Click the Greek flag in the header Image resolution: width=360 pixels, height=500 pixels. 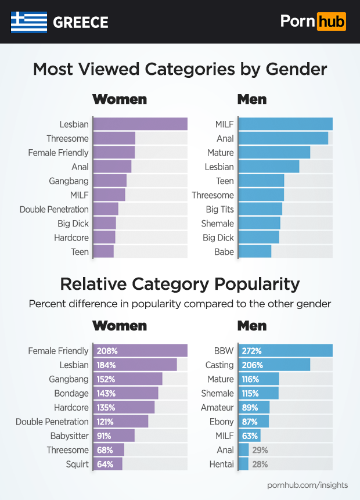28,22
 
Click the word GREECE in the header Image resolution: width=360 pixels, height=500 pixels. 81,23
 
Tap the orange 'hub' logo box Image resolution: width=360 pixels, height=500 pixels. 331,22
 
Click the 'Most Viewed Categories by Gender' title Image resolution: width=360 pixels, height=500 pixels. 180,69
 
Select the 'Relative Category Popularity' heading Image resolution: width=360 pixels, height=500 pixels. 180,283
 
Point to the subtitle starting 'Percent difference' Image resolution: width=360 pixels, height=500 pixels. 180,304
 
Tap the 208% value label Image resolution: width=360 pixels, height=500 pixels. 108,351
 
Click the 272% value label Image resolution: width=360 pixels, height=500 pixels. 252,351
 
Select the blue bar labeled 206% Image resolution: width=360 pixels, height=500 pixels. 274,365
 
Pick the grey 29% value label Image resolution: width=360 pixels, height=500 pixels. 260,450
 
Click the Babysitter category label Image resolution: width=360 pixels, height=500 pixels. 69,436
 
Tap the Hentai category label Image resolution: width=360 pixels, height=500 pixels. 221,464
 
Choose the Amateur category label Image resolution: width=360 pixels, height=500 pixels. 217,408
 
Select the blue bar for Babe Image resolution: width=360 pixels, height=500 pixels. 254,251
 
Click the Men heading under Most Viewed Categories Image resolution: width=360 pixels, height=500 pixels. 252,99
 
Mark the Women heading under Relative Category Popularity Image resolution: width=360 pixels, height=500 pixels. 120,325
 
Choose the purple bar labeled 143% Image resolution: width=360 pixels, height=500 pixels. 125,393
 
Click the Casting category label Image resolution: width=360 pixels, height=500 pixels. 219,365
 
